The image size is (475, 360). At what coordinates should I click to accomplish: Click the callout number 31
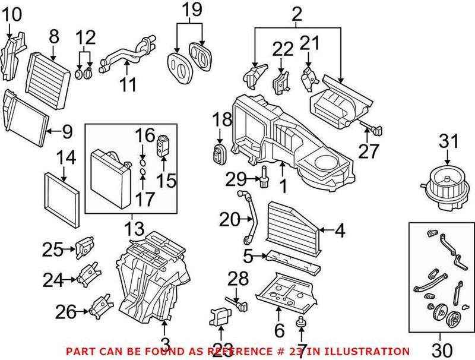pyautogui.click(x=449, y=142)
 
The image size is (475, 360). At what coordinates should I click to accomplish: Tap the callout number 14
pyautogui.click(x=67, y=158)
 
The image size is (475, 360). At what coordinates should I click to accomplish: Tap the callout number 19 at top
pyautogui.click(x=191, y=10)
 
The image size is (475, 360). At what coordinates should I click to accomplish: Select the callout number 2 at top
pyautogui.click(x=297, y=11)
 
